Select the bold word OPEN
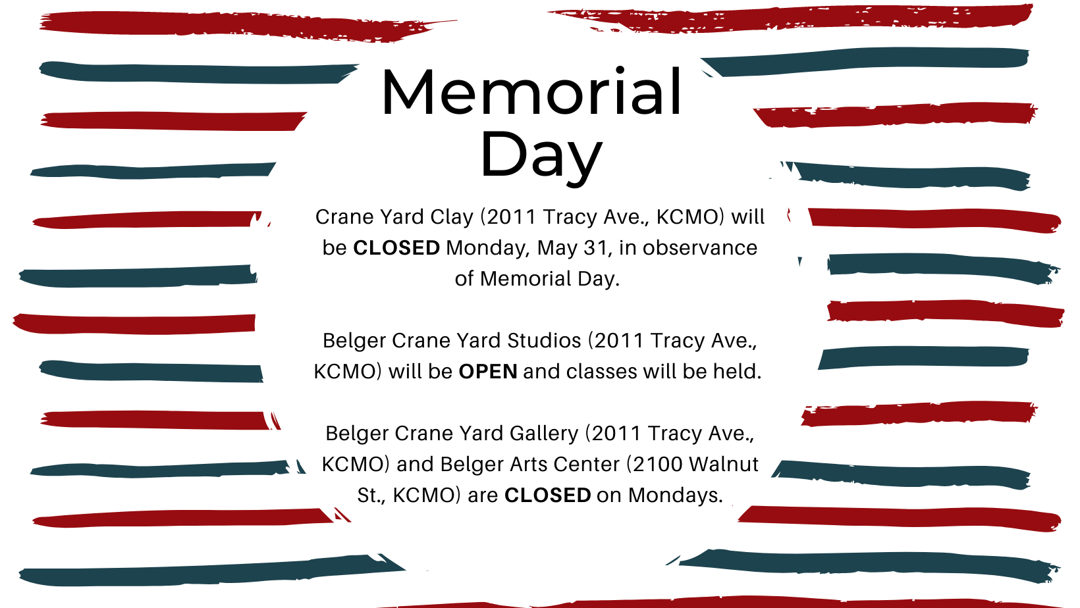click(488, 372)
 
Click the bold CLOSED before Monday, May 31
click(396, 247)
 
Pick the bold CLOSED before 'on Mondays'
click(548, 495)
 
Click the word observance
click(699, 247)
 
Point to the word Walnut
click(724, 465)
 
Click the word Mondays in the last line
click(675, 495)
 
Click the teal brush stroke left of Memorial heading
click(198, 73)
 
